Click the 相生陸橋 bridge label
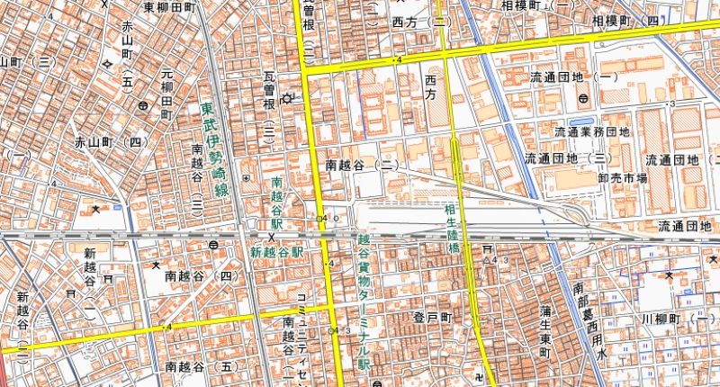click(x=453, y=227)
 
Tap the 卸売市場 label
click(x=622, y=178)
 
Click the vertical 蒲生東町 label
click(x=545, y=333)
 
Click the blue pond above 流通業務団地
click(x=580, y=121)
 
